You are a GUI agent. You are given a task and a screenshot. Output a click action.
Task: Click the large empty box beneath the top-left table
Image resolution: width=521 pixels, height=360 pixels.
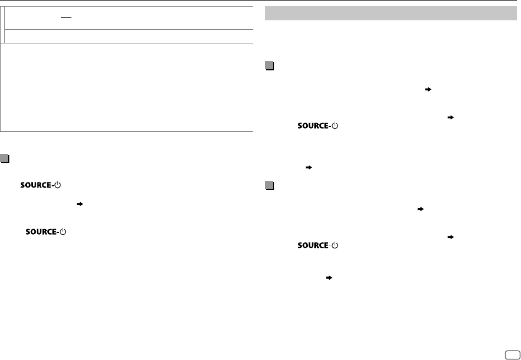tap(126, 87)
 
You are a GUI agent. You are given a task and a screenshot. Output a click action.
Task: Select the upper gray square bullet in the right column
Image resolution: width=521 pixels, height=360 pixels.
tap(269, 66)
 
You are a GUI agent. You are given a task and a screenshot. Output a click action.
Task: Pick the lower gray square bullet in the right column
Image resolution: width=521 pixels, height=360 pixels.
tap(269, 186)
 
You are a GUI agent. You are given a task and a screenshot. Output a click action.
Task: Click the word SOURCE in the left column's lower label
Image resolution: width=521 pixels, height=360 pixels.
tap(41, 232)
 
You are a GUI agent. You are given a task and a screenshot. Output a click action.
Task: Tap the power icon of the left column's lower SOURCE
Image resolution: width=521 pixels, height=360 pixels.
tap(62, 232)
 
